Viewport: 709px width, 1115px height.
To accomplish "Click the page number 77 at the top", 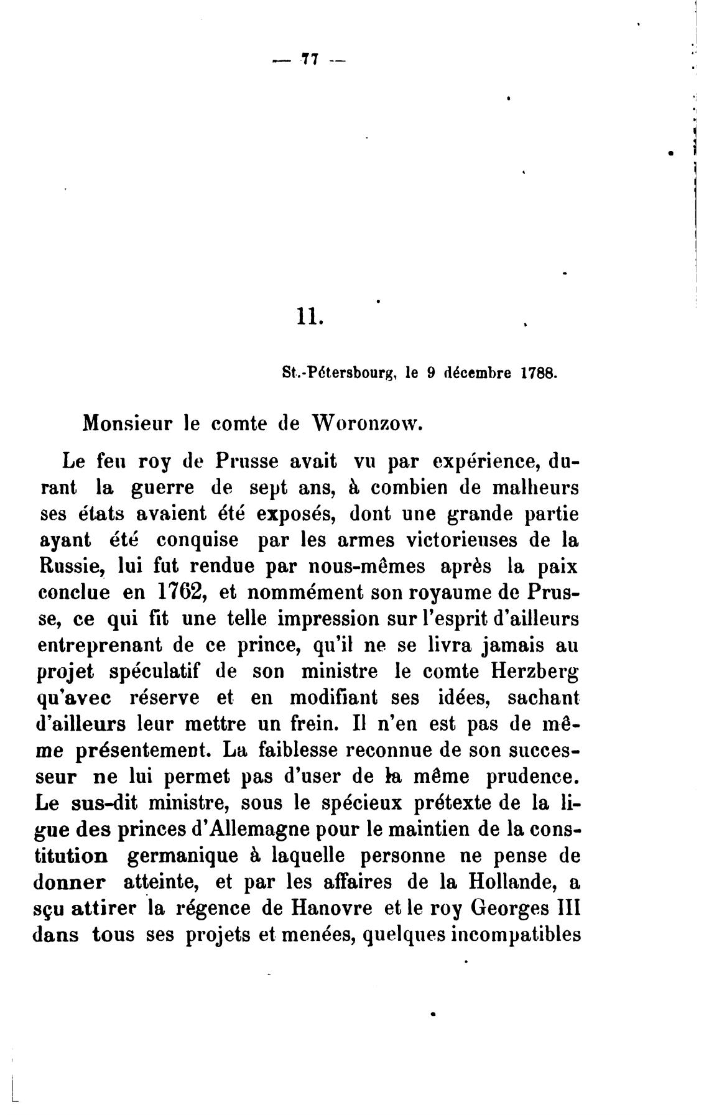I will [x=309, y=60].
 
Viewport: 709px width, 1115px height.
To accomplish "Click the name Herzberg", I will [x=532, y=672].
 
